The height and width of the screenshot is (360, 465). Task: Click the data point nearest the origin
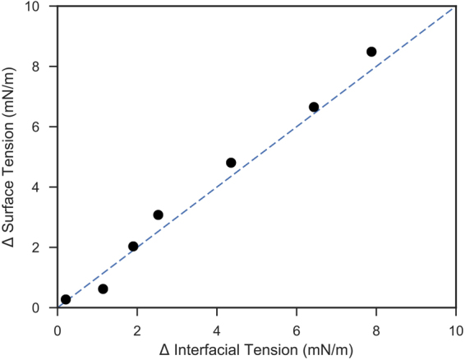point(66,299)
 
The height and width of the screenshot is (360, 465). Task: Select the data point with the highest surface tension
point(371,52)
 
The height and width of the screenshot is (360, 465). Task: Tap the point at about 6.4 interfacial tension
point(314,107)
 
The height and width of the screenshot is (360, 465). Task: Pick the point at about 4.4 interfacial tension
point(231,163)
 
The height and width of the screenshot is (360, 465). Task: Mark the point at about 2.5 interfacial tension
point(158,215)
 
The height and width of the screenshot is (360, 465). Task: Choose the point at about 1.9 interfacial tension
point(133,246)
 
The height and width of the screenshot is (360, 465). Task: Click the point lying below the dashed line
point(103,288)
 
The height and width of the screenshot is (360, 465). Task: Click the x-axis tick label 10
point(454,323)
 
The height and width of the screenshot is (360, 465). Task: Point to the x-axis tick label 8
point(375,323)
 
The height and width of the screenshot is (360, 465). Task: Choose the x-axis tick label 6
point(296,323)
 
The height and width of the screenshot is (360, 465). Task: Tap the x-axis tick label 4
point(216,323)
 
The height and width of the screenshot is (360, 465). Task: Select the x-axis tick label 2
point(137,323)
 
